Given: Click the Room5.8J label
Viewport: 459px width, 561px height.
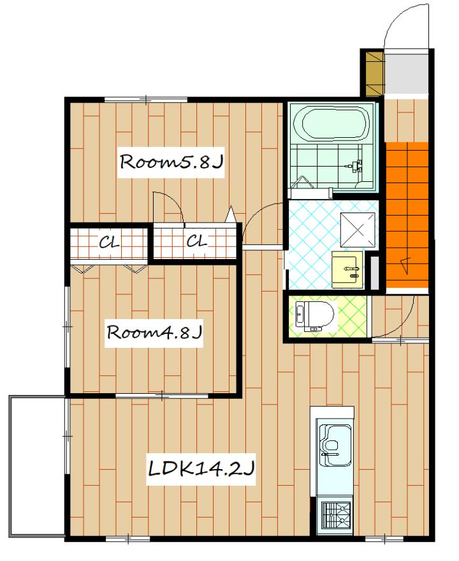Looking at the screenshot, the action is pos(171,162).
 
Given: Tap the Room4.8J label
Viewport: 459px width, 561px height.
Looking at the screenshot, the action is pos(154,333).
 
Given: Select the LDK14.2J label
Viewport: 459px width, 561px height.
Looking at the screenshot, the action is pos(201,468).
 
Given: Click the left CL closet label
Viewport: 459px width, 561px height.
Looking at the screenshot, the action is pos(108,243).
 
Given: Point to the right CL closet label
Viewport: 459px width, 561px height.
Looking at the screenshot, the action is pos(196,241).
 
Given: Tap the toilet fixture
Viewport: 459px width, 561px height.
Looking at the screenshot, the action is pos(314,316).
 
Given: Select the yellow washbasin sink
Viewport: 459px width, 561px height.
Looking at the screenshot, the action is pos(347,269).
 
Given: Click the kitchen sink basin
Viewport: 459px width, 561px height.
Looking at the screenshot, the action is pos(335,445).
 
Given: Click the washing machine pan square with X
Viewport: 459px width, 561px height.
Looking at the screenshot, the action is pos(358,229).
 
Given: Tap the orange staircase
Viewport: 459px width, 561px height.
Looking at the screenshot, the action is pos(407,214).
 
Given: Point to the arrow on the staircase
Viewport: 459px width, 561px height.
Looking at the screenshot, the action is pos(405,266).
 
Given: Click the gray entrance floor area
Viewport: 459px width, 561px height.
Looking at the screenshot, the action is pos(406,74).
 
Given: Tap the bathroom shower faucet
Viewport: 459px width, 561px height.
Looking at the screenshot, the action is pos(355,166).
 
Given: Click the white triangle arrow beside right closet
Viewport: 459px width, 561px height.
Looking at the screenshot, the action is pos(231,214).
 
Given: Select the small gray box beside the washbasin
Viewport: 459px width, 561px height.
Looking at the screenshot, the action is pos(374,273).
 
